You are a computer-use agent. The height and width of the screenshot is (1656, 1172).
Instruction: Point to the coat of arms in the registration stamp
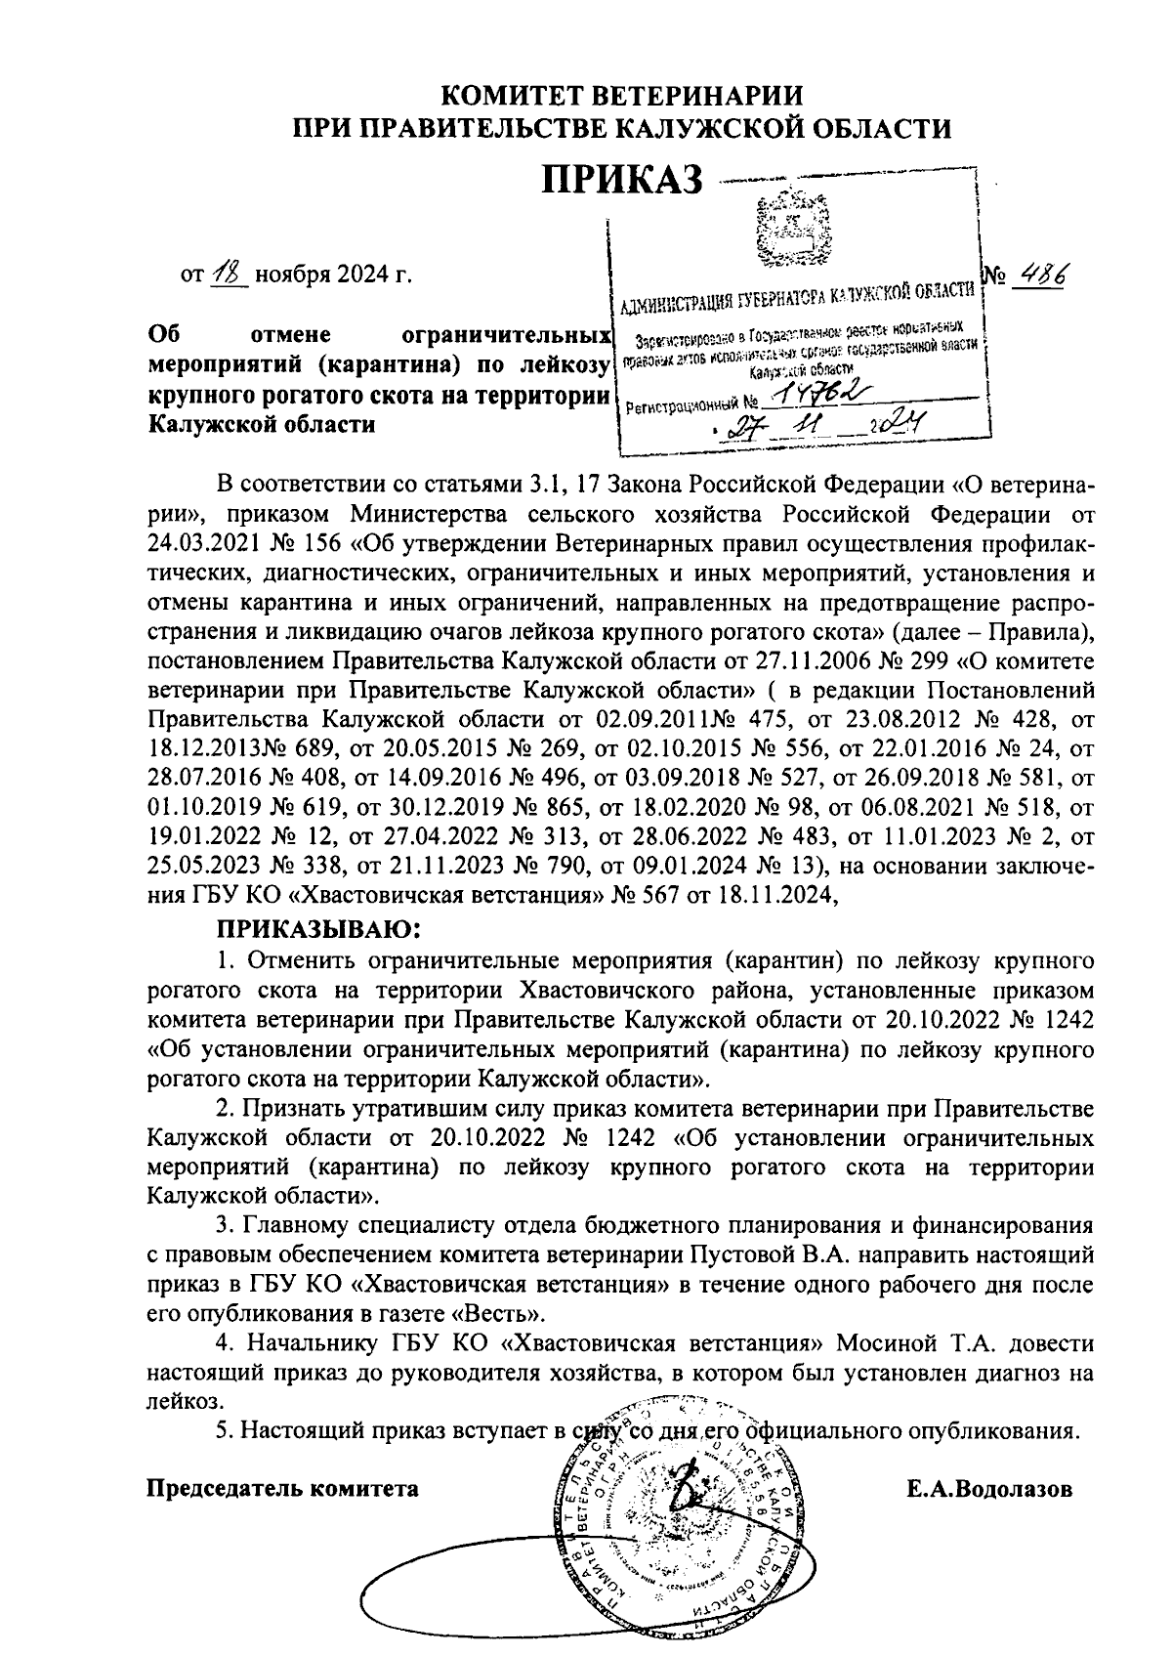click(x=792, y=231)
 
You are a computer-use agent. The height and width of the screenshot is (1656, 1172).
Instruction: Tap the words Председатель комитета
click(x=282, y=1489)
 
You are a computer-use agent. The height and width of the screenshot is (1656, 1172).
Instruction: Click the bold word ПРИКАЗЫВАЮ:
click(x=319, y=924)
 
